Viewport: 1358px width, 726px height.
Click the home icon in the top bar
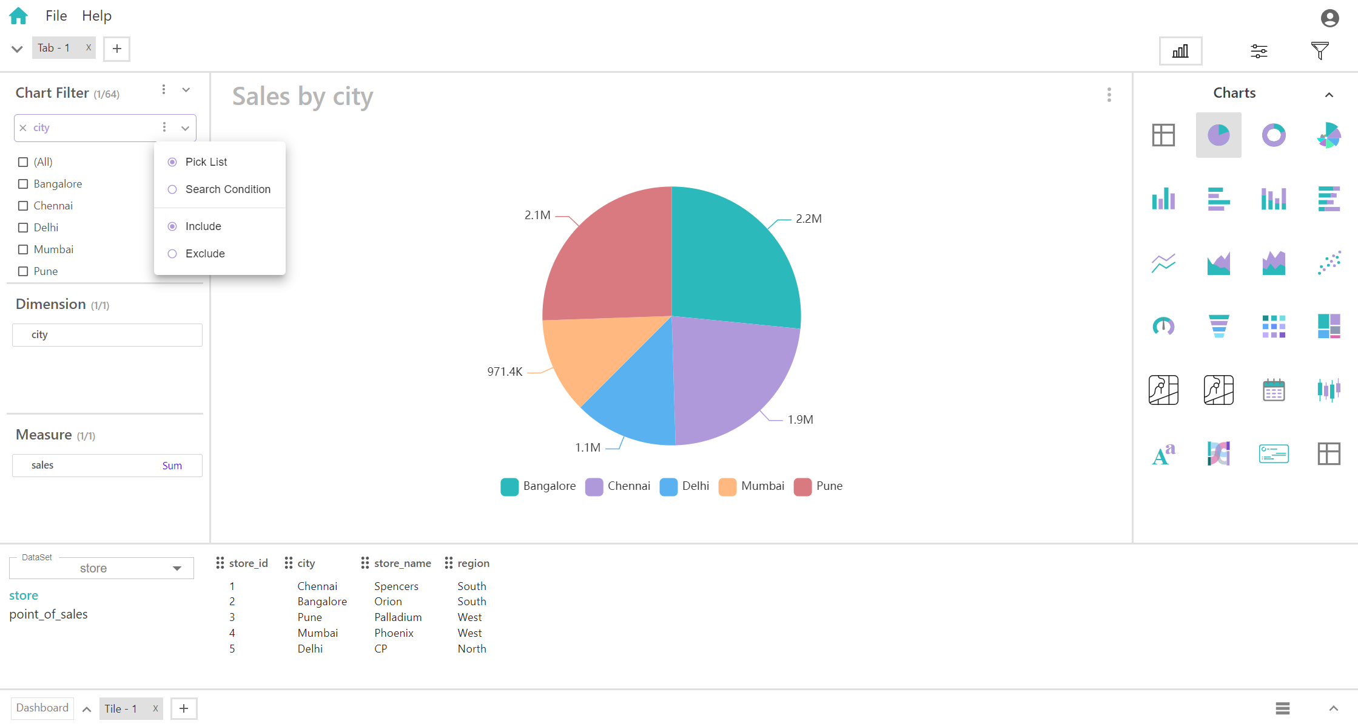pos(19,16)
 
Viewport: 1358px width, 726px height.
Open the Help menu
pos(96,16)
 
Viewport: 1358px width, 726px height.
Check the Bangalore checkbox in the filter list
pos(23,184)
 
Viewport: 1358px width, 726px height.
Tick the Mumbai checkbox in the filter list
pos(23,249)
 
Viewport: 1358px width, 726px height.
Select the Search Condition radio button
pos(172,189)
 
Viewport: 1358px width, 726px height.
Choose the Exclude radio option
pos(172,254)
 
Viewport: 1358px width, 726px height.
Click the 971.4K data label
pos(505,371)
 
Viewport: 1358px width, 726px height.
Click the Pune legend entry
pos(818,486)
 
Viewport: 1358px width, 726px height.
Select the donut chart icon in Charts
pos(1274,135)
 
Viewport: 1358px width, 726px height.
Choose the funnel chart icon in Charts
pos(1219,326)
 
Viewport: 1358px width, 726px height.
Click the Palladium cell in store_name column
pos(398,617)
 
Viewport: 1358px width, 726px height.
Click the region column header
pos(473,563)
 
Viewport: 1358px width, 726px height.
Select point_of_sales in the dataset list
pos(49,614)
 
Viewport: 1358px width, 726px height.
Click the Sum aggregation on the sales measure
pos(172,466)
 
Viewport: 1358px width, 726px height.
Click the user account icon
pos(1329,18)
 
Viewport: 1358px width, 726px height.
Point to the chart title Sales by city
pos(303,97)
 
